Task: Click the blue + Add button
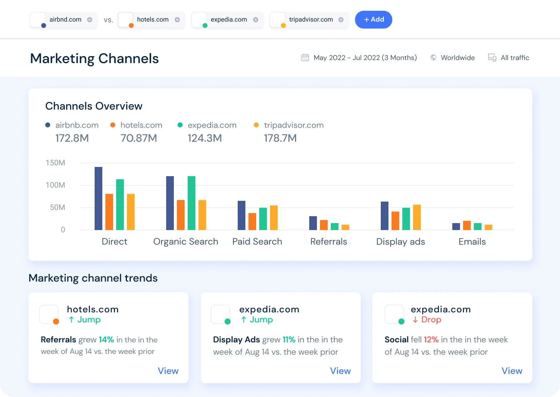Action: [373, 20]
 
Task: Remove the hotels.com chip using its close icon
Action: [177, 20]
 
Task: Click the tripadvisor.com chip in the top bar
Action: [311, 20]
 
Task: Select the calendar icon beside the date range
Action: [305, 58]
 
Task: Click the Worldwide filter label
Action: [457, 58]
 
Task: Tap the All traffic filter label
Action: [515, 58]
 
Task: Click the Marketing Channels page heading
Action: [94, 58]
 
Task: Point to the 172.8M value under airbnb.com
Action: [72, 138]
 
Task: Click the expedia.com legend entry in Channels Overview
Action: [212, 125]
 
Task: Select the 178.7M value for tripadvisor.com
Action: [280, 138]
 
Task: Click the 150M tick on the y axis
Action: [55, 163]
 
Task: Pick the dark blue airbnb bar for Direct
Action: [98, 198]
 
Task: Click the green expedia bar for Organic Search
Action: [192, 203]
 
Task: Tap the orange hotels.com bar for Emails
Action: [467, 225]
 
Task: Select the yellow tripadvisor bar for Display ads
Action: [417, 217]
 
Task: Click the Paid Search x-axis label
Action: [257, 242]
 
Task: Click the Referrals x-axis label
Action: [328, 242]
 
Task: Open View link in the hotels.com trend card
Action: [168, 371]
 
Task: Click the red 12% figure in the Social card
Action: [431, 340]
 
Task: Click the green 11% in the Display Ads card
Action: [289, 340]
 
